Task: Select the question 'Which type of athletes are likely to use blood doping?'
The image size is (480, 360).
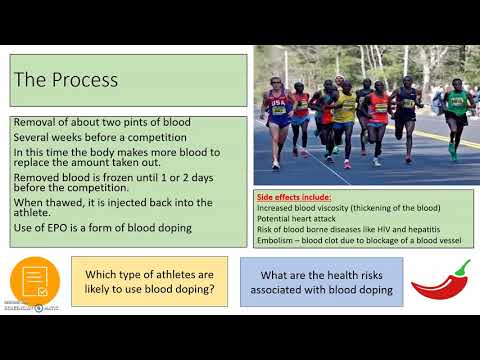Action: click(x=149, y=281)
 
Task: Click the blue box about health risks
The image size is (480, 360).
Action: click(x=321, y=281)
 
